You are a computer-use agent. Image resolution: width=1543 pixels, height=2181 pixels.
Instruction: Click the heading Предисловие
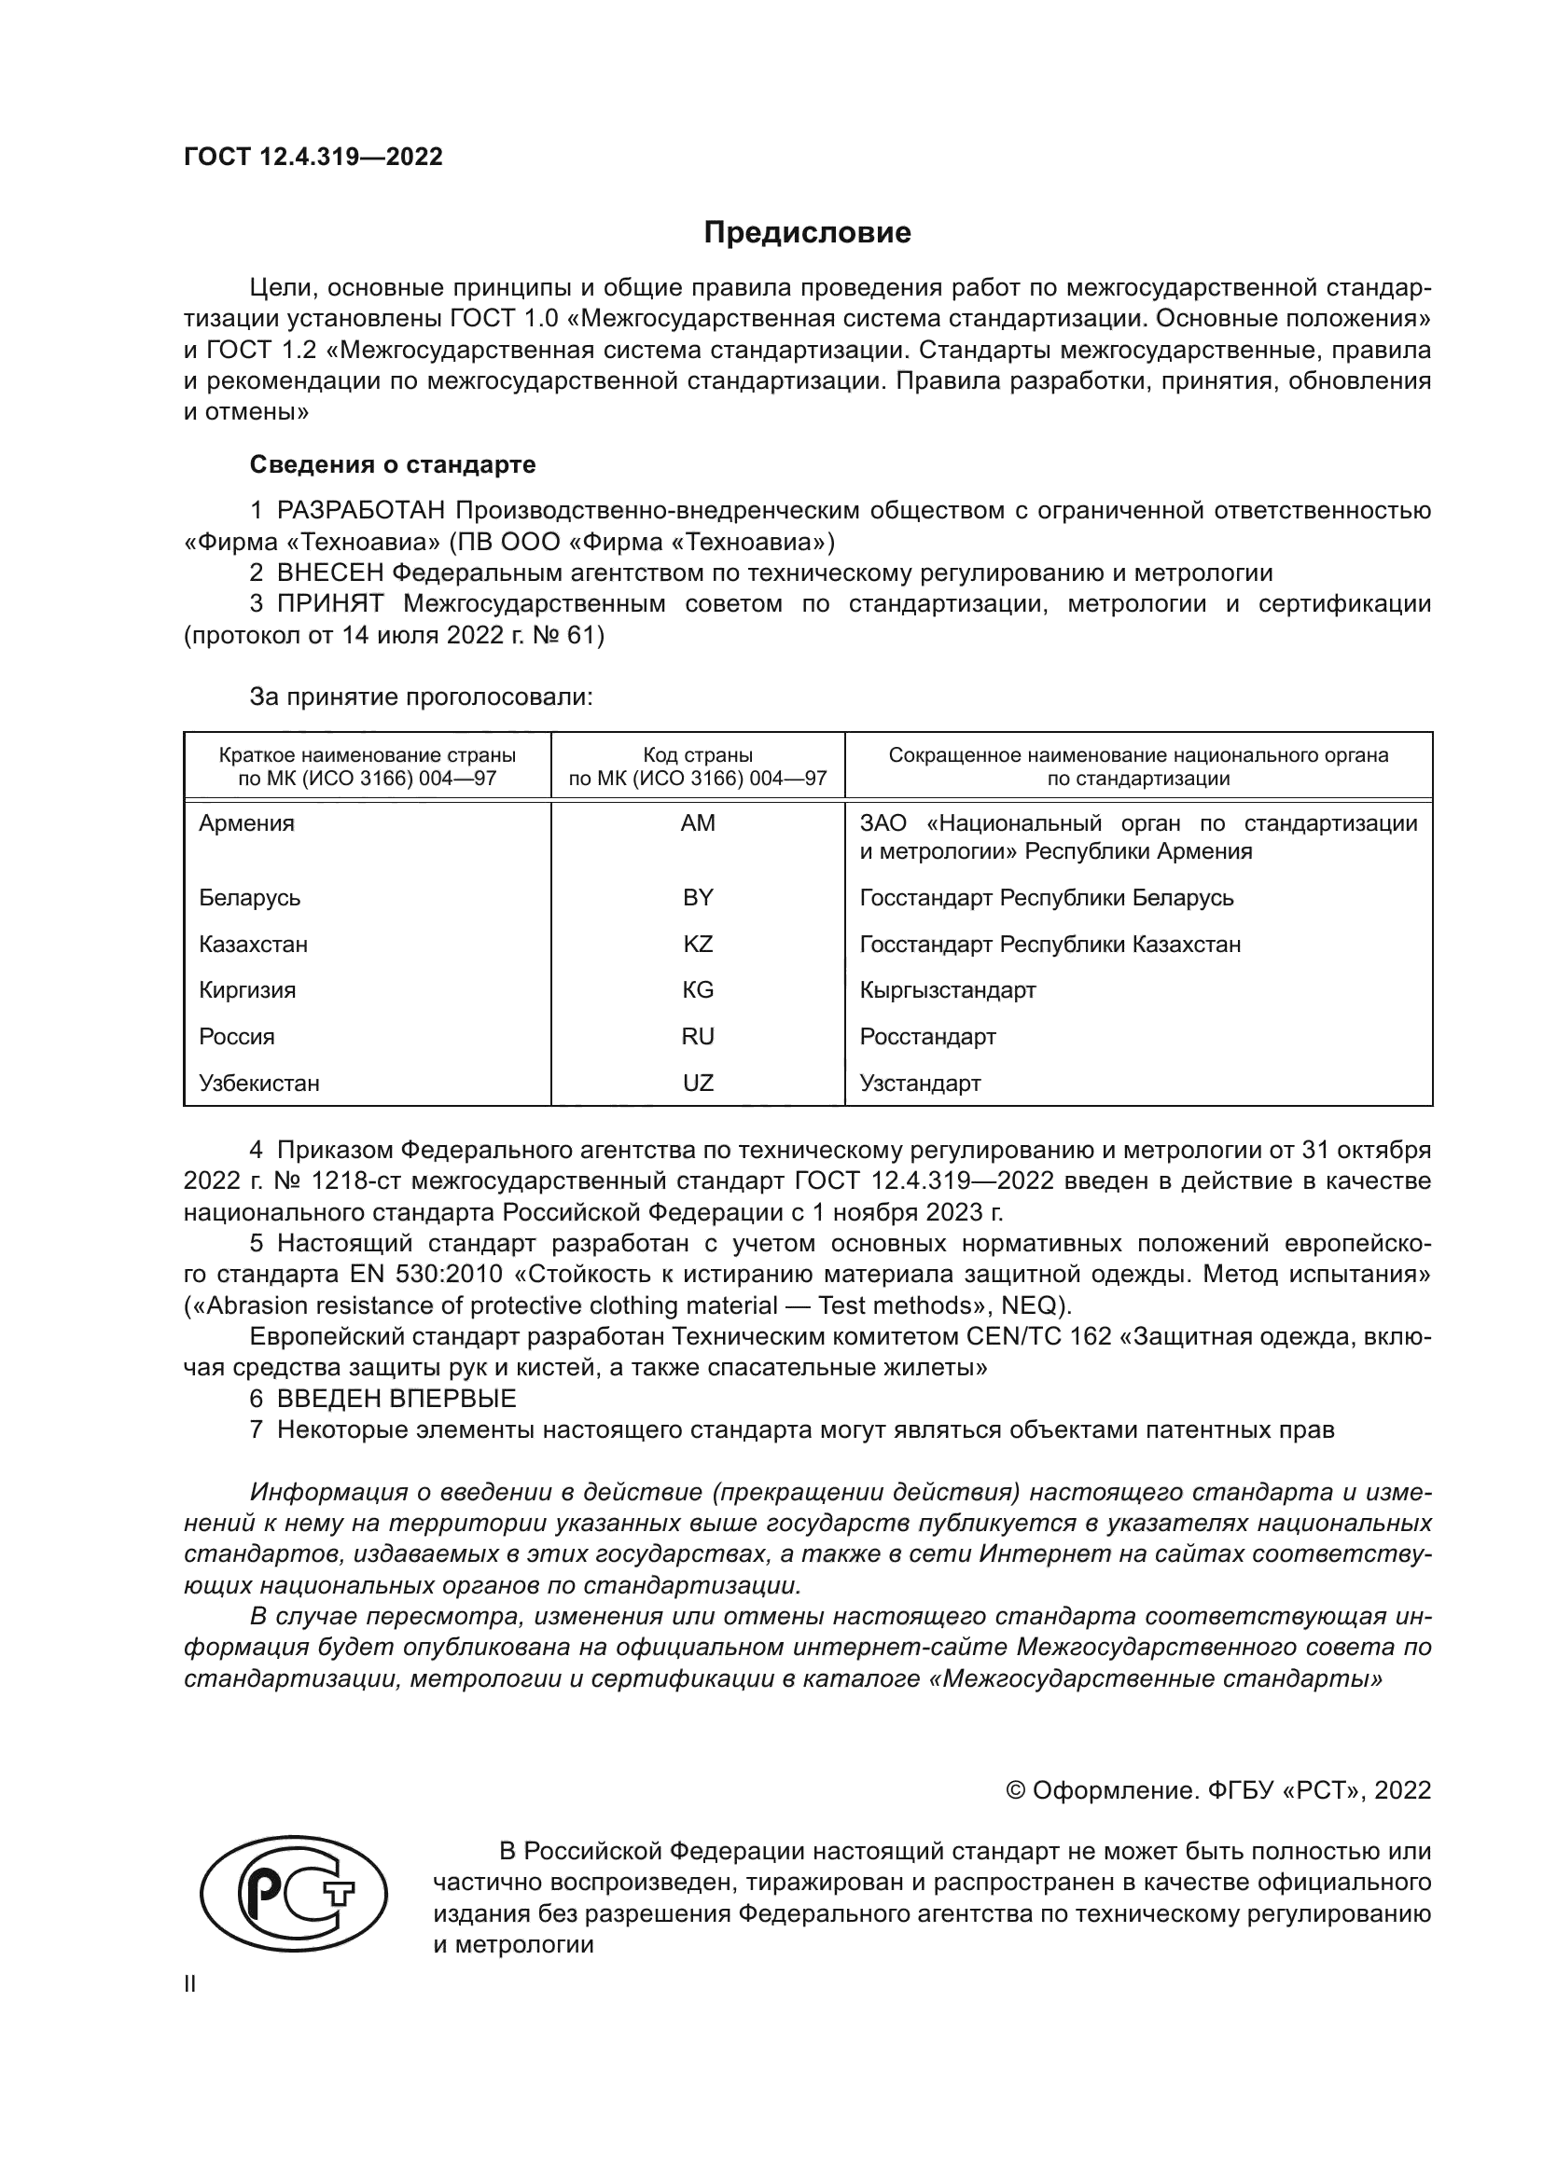click(x=807, y=233)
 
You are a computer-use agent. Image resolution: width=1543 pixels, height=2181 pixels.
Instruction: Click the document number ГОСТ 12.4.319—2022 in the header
click(x=313, y=157)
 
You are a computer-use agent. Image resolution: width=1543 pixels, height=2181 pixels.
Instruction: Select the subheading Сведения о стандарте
click(x=393, y=464)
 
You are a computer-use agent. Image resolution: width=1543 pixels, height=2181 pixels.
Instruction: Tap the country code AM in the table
click(x=698, y=823)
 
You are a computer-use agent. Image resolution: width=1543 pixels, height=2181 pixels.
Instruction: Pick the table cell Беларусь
click(x=249, y=898)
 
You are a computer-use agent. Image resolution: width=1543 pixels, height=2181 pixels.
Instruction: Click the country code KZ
click(x=698, y=945)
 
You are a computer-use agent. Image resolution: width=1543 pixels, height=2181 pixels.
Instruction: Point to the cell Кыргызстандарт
click(x=947, y=990)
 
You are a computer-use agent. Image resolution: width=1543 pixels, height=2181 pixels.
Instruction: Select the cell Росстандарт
click(x=927, y=1036)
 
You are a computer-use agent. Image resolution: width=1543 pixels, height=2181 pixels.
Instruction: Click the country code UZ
click(x=698, y=1083)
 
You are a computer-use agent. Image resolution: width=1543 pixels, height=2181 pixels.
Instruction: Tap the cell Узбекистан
click(x=258, y=1083)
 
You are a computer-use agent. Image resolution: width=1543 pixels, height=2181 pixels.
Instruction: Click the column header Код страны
click(x=698, y=755)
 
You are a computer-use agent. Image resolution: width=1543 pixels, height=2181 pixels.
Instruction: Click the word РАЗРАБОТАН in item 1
click(x=361, y=511)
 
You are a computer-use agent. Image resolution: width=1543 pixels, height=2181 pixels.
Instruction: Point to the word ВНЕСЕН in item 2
click(x=330, y=573)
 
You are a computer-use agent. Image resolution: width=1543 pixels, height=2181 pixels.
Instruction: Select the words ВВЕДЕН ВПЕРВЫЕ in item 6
click(x=396, y=1399)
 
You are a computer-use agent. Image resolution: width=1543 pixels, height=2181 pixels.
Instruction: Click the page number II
click(x=190, y=1984)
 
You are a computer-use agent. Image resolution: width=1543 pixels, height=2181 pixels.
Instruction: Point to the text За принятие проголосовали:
click(x=421, y=697)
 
